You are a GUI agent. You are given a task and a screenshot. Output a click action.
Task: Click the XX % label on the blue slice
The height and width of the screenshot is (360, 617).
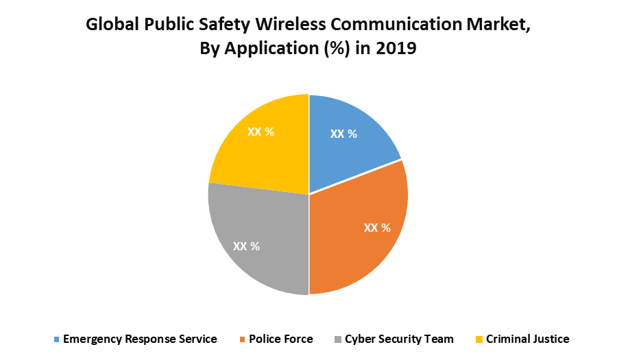(x=343, y=134)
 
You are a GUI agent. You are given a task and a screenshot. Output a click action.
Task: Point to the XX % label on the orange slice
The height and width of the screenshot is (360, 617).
(x=377, y=228)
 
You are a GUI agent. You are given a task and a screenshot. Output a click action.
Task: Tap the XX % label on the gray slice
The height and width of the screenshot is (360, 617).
(x=246, y=246)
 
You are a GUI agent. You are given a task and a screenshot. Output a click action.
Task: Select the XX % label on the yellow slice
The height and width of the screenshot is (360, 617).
(x=260, y=131)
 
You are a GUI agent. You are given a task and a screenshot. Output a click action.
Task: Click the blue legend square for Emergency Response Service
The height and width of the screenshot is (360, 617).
(x=56, y=339)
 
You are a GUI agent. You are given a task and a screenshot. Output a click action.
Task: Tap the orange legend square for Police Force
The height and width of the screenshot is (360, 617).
(x=242, y=339)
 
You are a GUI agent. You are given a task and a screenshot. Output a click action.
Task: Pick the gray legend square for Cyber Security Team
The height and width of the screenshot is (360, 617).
(x=338, y=339)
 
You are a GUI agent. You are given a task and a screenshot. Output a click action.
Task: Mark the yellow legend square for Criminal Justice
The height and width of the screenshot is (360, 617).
(x=479, y=339)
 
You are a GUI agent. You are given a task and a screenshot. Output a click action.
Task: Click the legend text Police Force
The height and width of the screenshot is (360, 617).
(x=281, y=339)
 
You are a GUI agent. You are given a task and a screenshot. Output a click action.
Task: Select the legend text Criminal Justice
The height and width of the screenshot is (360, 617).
(x=527, y=339)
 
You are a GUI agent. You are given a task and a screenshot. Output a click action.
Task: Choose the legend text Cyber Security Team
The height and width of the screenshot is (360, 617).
(x=399, y=339)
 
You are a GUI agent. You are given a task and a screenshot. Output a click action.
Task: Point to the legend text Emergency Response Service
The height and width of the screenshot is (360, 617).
(x=140, y=339)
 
